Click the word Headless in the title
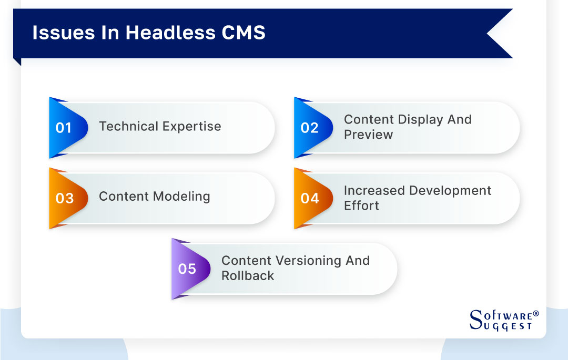tap(170, 33)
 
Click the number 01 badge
tap(64, 128)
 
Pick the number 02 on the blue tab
tap(309, 128)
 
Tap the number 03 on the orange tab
tap(64, 198)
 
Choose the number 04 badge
tap(310, 198)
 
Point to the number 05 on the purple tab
tap(187, 269)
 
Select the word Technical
tap(129, 127)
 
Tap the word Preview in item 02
tap(368, 135)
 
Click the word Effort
tap(361, 205)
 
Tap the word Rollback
tap(248, 276)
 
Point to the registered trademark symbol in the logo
tap(536, 314)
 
